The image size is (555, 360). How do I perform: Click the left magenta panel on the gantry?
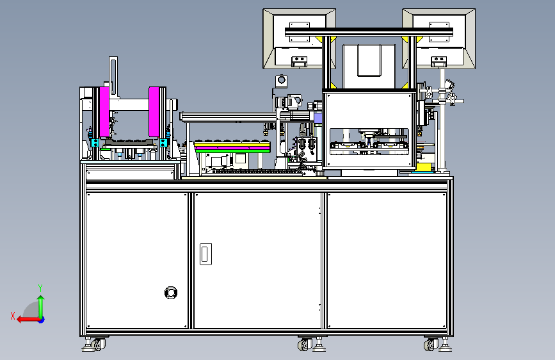(104, 112)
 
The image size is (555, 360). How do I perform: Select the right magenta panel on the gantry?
(154, 111)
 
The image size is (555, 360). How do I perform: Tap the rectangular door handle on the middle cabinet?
(205, 254)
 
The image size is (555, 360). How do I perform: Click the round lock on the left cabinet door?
(171, 293)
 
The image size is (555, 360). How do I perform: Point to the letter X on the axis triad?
(13, 316)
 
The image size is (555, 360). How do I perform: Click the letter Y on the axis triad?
(40, 288)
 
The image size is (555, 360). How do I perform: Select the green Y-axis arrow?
(41, 307)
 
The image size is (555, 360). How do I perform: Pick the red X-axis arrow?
(29, 320)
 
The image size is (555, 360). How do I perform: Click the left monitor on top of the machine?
(299, 38)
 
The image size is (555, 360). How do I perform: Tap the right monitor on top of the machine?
(439, 38)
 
